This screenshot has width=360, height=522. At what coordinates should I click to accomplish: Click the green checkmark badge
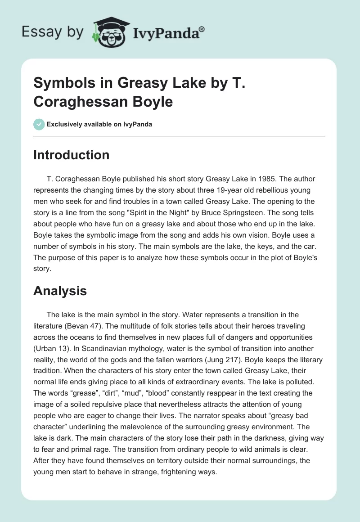pyautogui.click(x=39, y=124)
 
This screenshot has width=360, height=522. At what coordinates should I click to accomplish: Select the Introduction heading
pyautogui.click(x=71, y=155)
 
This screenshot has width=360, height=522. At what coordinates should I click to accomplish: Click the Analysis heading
pyautogui.click(x=60, y=291)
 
